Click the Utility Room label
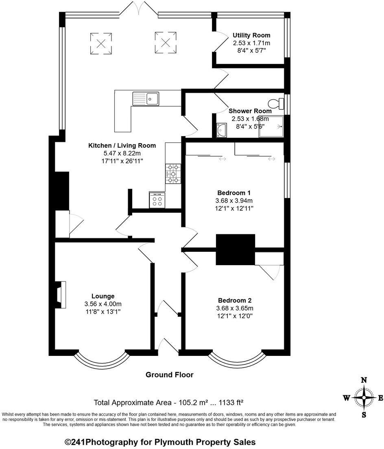[251, 35]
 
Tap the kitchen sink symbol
[146, 98]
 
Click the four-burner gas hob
[173, 174]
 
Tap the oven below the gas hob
[157, 200]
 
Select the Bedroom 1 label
[234, 193]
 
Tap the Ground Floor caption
[170, 375]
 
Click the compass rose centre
[364, 397]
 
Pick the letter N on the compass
[364, 381]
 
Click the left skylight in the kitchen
[101, 43]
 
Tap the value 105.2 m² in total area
[191, 403]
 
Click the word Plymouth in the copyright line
[176, 442]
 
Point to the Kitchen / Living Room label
[122, 145]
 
